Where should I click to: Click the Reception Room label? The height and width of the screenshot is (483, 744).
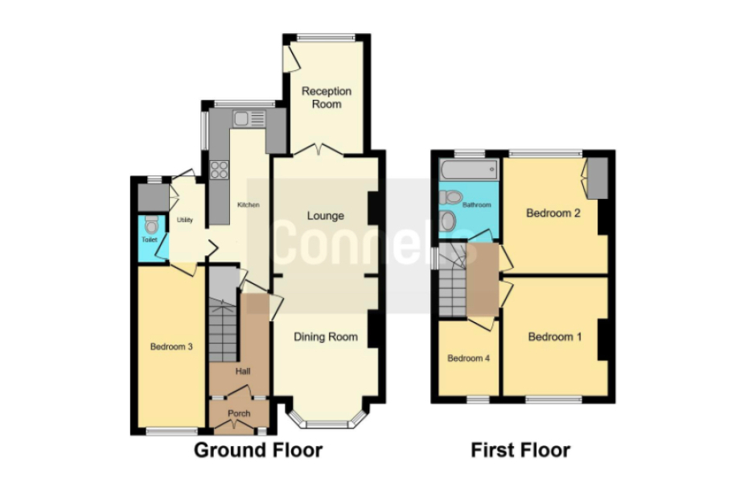(327, 97)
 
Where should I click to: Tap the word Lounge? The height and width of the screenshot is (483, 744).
(326, 216)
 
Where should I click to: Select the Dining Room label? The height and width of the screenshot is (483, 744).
(326, 336)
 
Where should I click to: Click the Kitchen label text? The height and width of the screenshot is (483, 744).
(249, 204)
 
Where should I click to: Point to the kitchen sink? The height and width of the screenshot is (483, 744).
(249, 118)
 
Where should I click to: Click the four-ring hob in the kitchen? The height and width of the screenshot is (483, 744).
(220, 170)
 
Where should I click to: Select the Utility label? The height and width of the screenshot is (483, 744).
(184, 220)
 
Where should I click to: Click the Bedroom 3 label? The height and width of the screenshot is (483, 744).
(171, 347)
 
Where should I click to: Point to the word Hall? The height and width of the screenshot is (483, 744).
(243, 371)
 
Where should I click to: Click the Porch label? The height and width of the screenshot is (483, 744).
(239, 413)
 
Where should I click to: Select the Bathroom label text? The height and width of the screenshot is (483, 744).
(476, 204)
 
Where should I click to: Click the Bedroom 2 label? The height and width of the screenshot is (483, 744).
(553, 213)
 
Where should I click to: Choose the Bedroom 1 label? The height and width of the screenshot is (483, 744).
(555, 336)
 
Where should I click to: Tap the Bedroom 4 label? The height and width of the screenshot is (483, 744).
(468, 358)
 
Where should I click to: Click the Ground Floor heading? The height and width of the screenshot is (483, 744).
(258, 450)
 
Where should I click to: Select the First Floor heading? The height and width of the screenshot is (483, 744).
(520, 450)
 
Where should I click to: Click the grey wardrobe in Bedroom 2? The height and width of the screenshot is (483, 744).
(598, 178)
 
